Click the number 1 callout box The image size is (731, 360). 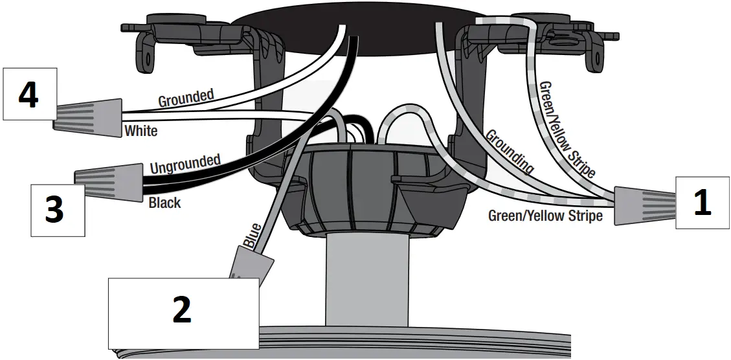[x=703, y=203]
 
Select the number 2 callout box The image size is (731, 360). [x=183, y=313]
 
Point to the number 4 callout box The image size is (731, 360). [x=28, y=95]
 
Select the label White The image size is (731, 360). [x=141, y=131]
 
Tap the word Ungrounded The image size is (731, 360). [x=185, y=164]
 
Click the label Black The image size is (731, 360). [x=164, y=203]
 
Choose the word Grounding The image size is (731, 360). [x=510, y=152]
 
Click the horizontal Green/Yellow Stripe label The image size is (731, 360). [x=545, y=216]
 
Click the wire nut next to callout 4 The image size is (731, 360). [x=88, y=114]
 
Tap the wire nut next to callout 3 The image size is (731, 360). [x=108, y=180]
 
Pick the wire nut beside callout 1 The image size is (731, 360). [x=644, y=205]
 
